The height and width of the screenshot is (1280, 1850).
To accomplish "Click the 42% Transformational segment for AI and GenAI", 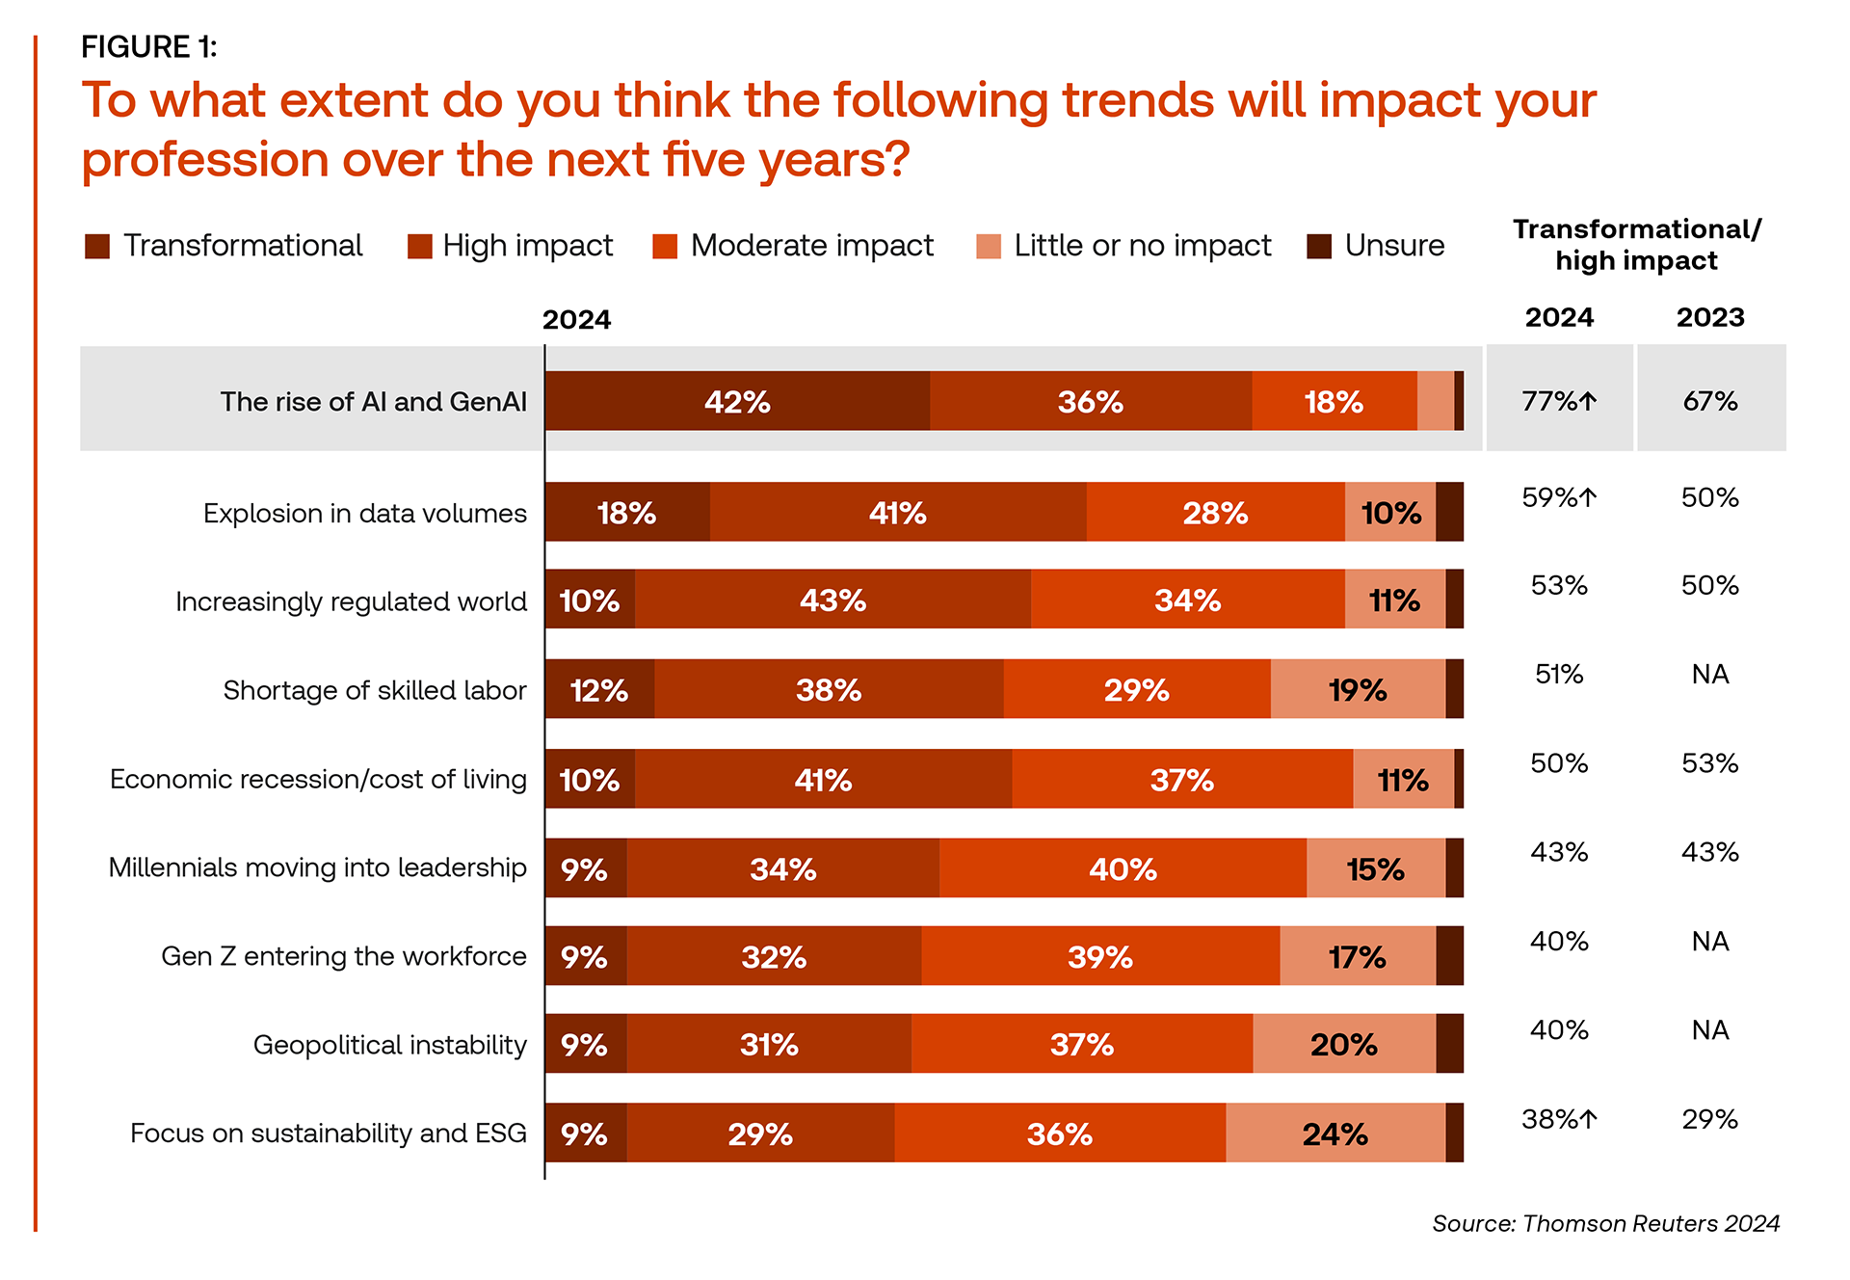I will pyautogui.click(x=737, y=401).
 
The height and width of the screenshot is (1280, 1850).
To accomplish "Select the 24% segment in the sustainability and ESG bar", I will pyautogui.click(x=1335, y=1133).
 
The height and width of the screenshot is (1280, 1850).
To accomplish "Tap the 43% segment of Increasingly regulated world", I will pyautogui.click(x=832, y=600).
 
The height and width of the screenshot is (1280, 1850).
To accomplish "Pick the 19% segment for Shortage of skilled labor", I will pyautogui.click(x=1358, y=689).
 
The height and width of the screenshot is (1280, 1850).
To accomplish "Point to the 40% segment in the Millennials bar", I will pyautogui.click(x=1123, y=868).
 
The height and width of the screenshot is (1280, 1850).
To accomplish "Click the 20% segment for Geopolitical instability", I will pyautogui.click(x=1344, y=1044).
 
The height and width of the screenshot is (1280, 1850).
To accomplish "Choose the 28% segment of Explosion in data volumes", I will pyautogui.click(x=1215, y=512).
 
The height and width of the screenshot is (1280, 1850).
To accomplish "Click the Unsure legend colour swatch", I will pyautogui.click(x=1319, y=247).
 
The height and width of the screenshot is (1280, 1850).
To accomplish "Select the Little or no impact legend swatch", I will pyautogui.click(x=989, y=247).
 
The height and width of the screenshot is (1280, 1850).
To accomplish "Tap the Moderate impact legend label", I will pyautogui.click(x=811, y=246).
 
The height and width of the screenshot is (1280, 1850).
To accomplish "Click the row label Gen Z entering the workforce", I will pyautogui.click(x=344, y=956).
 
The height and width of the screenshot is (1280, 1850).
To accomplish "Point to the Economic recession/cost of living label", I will pyautogui.click(x=318, y=779).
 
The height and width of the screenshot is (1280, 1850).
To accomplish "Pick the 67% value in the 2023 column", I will pyautogui.click(x=1710, y=401).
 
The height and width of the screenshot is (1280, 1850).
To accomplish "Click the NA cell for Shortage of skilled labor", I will pyautogui.click(x=1710, y=675).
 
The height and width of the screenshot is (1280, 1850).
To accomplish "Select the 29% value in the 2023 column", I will pyautogui.click(x=1710, y=1119).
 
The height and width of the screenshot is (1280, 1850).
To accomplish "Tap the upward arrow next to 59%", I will pyautogui.click(x=1588, y=497).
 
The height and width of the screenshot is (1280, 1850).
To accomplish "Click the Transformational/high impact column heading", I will pyautogui.click(x=1636, y=245).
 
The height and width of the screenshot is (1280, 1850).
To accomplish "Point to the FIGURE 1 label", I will pyautogui.click(x=149, y=46).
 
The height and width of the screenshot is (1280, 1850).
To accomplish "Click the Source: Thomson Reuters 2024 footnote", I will pyautogui.click(x=1605, y=1223).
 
